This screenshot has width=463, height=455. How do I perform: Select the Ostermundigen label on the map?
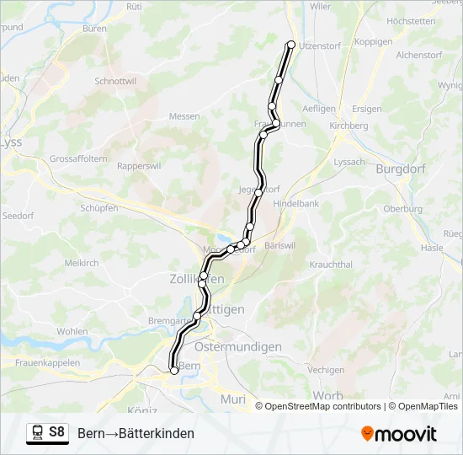point(237,346)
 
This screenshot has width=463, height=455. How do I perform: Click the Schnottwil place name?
point(116,82)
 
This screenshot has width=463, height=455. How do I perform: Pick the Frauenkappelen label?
point(47,362)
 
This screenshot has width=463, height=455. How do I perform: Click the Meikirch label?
point(82,263)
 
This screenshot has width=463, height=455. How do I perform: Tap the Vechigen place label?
point(326,370)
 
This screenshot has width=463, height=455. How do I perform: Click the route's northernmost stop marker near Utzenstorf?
point(291,44)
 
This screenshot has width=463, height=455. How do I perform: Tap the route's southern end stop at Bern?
point(174,370)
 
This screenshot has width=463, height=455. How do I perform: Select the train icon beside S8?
point(37,432)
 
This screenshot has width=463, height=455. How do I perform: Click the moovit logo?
point(399,434)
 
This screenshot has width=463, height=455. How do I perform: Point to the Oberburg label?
point(402,208)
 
